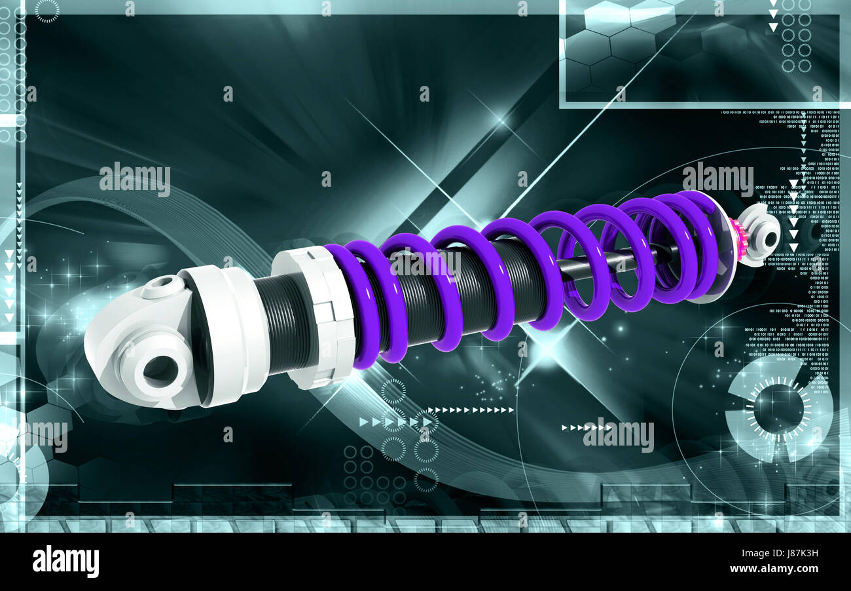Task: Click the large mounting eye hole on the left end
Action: pyautogui.click(x=160, y=371)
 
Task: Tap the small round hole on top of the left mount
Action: pyautogui.click(x=163, y=285)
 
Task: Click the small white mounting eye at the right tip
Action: pyautogui.click(x=763, y=236)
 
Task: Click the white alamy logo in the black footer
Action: pyautogui.click(x=65, y=562)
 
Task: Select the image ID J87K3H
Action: pyautogui.click(x=794, y=553)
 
